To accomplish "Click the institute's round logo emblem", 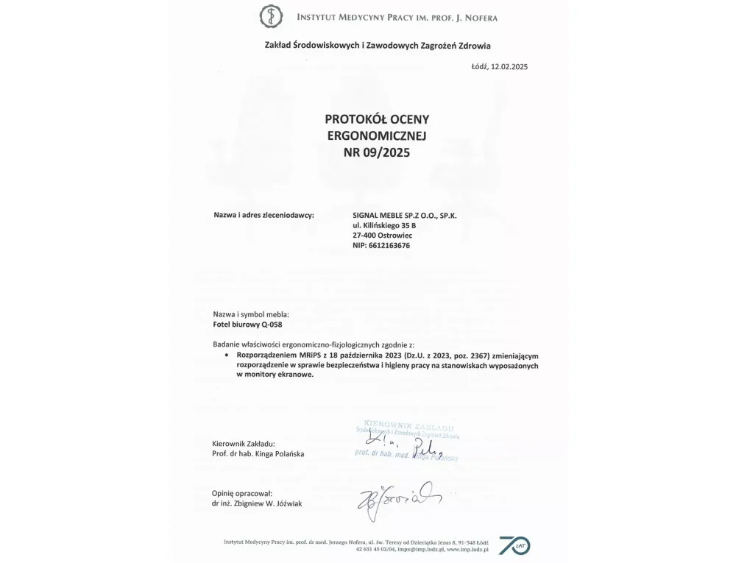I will pyautogui.click(x=271, y=15).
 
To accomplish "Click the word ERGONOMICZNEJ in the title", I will pyautogui.click(x=375, y=136).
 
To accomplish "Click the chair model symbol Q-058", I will pyautogui.click(x=272, y=325).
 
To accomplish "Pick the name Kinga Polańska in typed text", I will pyautogui.click(x=280, y=454).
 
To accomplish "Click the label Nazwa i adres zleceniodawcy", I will pyautogui.click(x=263, y=215).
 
